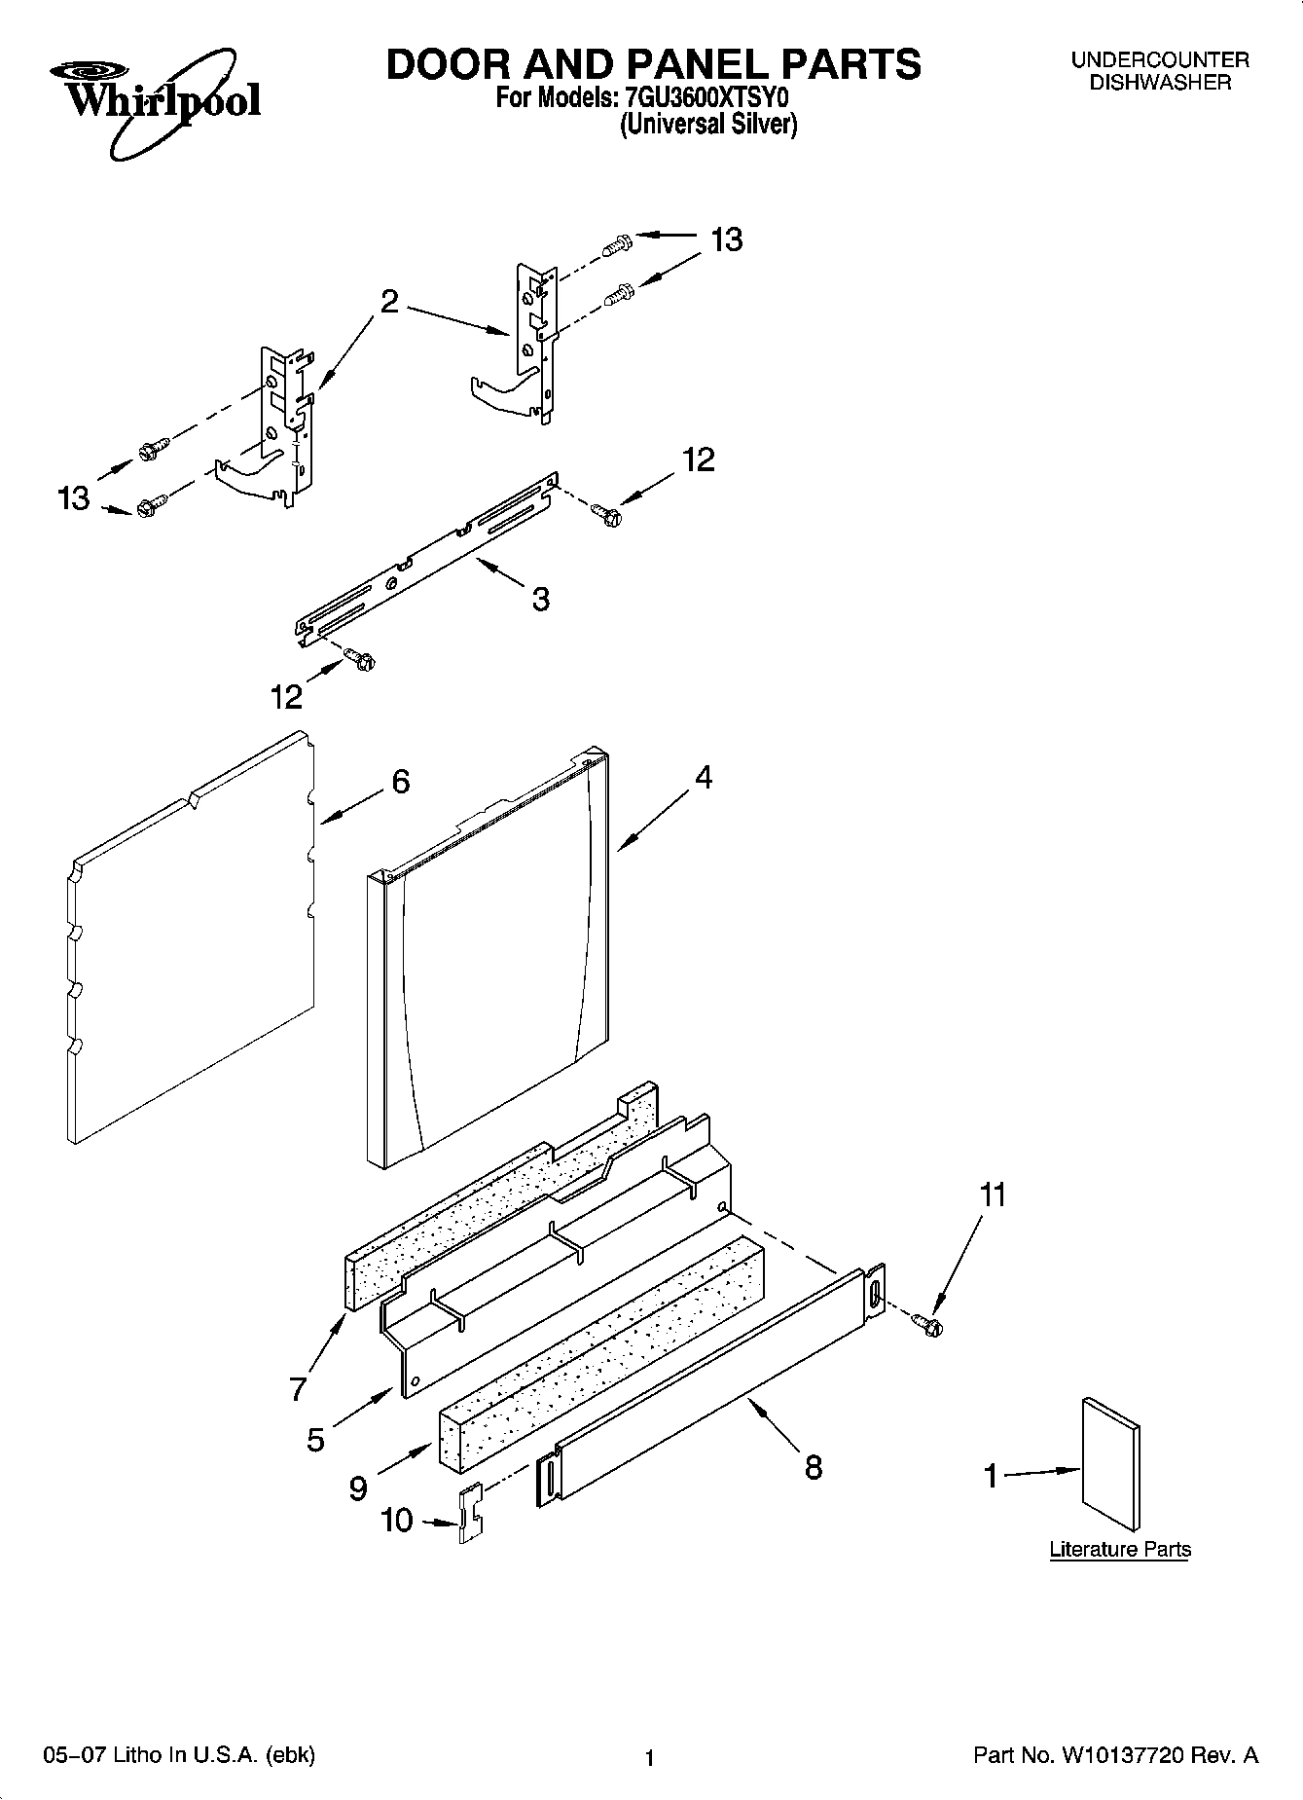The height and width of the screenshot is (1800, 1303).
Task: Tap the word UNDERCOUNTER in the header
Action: click(1160, 60)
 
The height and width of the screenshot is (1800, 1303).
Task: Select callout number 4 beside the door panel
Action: click(703, 778)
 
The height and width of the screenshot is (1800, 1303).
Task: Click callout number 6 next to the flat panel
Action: click(400, 782)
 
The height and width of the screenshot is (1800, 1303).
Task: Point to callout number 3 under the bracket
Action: click(541, 598)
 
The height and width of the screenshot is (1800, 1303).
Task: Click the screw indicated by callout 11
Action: click(926, 1323)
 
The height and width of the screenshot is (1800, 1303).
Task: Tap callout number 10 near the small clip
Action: click(397, 1521)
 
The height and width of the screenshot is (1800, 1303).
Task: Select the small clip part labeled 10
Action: click(471, 1513)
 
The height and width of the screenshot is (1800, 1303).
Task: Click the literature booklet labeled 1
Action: click(1110, 1463)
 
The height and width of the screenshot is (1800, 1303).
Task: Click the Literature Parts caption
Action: click(1120, 1549)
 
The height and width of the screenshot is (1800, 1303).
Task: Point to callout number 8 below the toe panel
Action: click(814, 1467)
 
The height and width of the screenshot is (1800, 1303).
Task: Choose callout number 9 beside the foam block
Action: click(358, 1488)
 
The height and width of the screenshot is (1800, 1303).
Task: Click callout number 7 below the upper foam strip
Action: click(298, 1389)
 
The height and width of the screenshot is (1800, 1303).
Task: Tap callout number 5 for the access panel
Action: click(315, 1440)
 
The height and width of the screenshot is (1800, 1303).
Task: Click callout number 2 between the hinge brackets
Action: click(388, 302)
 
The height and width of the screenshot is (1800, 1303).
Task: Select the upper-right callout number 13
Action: click(726, 239)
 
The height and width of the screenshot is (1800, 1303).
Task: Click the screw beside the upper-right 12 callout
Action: click(606, 512)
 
